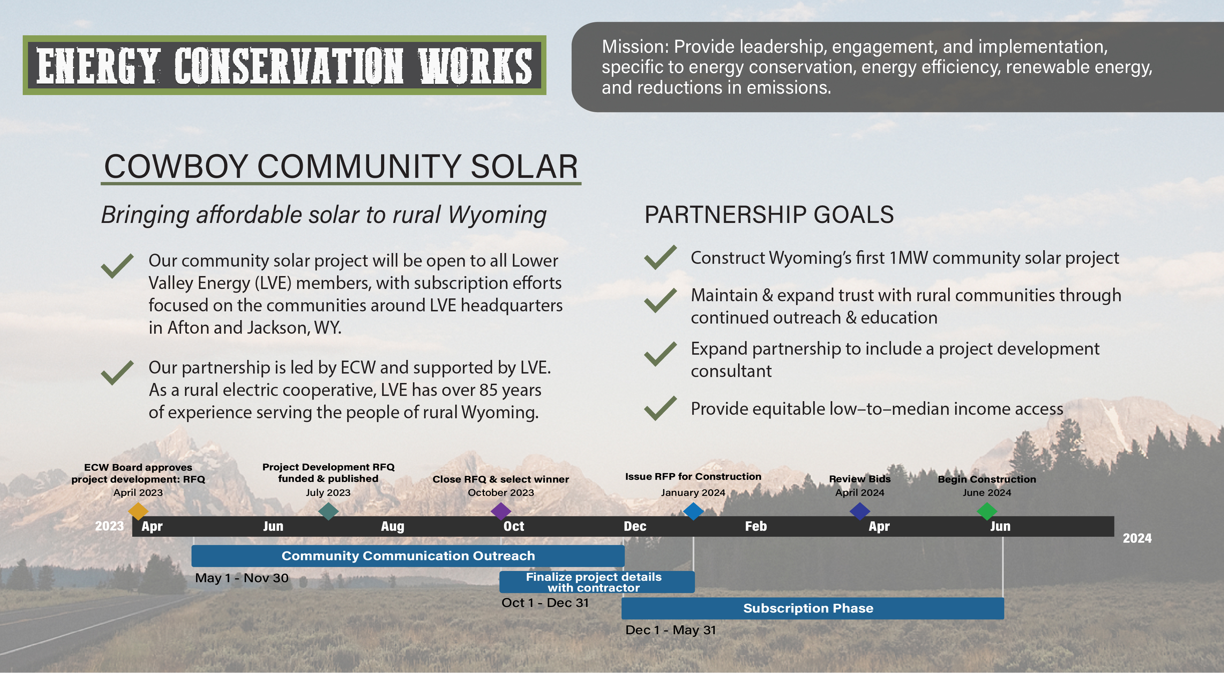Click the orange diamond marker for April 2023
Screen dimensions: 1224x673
pyautogui.click(x=138, y=511)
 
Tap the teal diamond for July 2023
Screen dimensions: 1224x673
pyautogui.click(x=328, y=511)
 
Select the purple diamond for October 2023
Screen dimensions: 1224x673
pyautogui.click(x=501, y=511)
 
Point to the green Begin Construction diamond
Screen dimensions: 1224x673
pyautogui.click(x=987, y=511)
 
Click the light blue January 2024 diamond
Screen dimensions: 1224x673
pyautogui.click(x=693, y=511)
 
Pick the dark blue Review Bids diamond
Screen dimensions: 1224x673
pyautogui.click(x=860, y=511)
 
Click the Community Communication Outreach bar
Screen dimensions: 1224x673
pyautogui.click(x=408, y=556)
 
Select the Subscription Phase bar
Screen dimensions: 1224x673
pyautogui.click(x=813, y=608)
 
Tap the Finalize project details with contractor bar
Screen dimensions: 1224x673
pyautogui.click(x=597, y=582)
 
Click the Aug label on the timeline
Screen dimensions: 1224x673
pyautogui.click(x=393, y=526)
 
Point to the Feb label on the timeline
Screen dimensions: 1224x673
pyautogui.click(x=756, y=526)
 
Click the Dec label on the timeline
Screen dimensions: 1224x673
pyautogui.click(x=635, y=526)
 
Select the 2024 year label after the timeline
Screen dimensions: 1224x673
pyautogui.click(x=1137, y=538)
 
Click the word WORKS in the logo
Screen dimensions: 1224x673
pyautogui.click(x=475, y=66)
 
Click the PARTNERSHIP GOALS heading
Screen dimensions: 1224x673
pyautogui.click(x=769, y=214)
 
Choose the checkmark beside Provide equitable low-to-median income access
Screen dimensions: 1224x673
pyautogui.click(x=660, y=408)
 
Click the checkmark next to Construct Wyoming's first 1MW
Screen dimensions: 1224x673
pyautogui.click(x=660, y=258)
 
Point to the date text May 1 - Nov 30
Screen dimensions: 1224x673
pyautogui.click(x=242, y=578)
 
